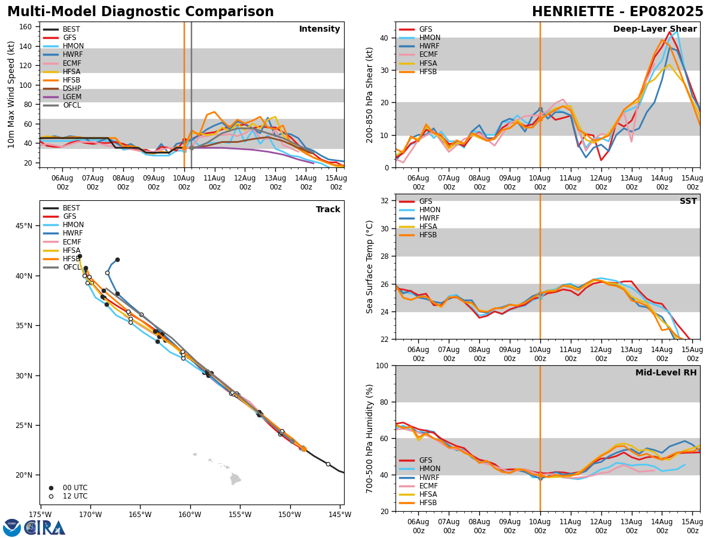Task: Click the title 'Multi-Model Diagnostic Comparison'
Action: (141, 12)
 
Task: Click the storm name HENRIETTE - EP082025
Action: (617, 12)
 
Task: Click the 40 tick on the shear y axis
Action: (385, 38)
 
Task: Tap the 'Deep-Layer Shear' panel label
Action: (655, 29)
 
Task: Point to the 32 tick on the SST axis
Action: (385, 201)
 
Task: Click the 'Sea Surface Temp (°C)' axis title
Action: (370, 267)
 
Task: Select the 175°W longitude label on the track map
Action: (40, 514)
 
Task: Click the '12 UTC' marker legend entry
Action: (68, 496)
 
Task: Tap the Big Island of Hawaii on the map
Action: (235, 479)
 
